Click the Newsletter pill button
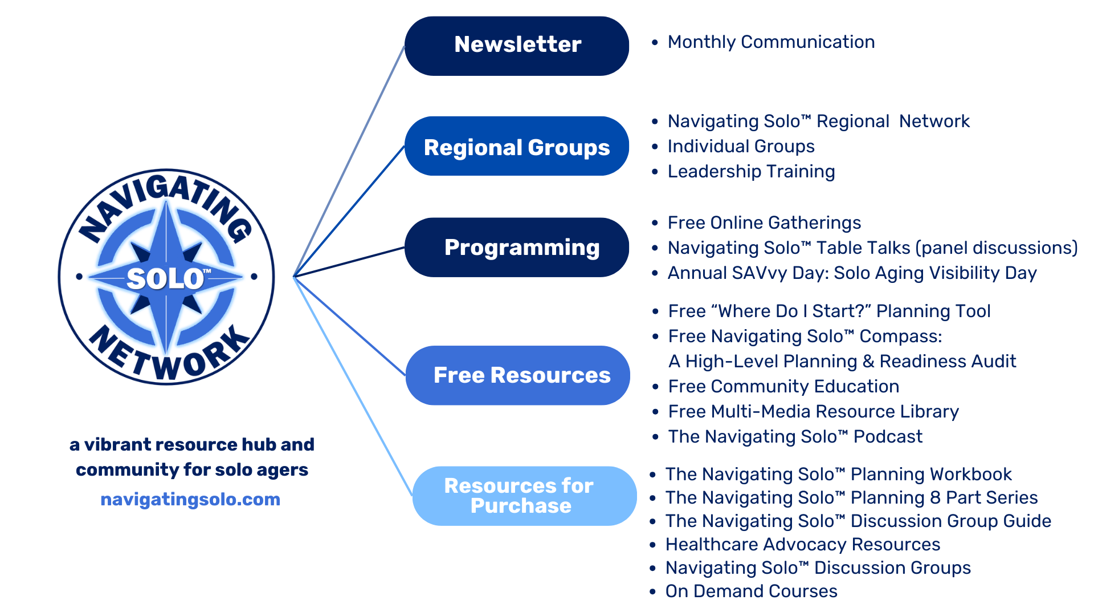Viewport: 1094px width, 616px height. click(517, 46)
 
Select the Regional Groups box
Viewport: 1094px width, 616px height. click(517, 147)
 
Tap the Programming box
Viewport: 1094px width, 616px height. click(517, 247)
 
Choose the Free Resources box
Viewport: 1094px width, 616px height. click(518, 375)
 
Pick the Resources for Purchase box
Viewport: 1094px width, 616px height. click(524, 496)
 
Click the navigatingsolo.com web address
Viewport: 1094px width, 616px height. click(190, 499)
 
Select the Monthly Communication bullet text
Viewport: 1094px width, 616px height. click(771, 42)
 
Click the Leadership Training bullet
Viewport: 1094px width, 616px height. click(751, 171)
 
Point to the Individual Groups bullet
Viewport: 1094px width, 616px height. click(741, 146)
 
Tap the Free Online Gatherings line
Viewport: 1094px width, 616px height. click(764, 222)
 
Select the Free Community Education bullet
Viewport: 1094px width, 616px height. click(783, 386)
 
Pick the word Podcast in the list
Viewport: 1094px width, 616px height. click(888, 436)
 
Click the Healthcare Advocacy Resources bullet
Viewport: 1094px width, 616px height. click(803, 544)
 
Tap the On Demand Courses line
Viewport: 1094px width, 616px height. click(751, 591)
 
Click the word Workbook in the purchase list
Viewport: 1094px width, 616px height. click(971, 474)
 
